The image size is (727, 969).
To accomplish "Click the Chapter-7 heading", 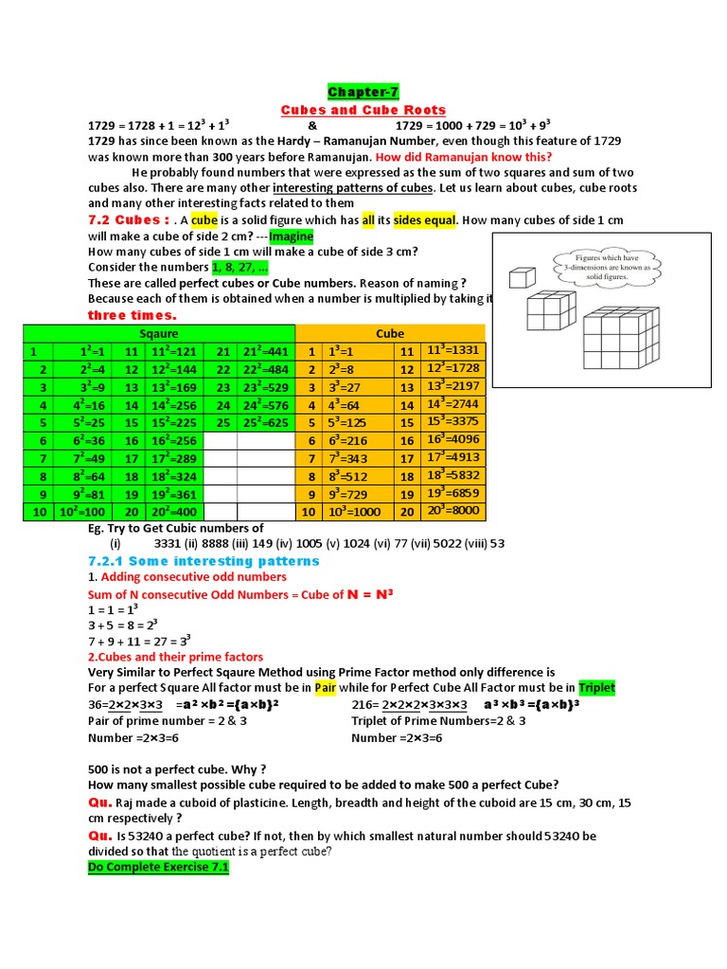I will (x=363, y=92).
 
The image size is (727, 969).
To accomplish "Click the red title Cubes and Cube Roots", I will (x=363, y=110).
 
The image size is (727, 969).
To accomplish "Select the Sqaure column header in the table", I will (x=158, y=333).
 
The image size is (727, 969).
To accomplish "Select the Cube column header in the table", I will (x=389, y=333).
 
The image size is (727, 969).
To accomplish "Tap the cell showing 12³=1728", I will (x=452, y=368).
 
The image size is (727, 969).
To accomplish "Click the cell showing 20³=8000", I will (x=452, y=511).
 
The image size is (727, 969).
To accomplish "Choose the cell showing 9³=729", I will (x=350, y=494).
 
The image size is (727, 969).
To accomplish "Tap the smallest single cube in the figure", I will (x=520, y=278).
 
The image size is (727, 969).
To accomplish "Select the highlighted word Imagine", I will (x=292, y=236).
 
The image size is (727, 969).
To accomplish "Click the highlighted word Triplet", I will (x=596, y=688).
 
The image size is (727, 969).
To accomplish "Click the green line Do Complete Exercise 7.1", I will (x=158, y=866).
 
